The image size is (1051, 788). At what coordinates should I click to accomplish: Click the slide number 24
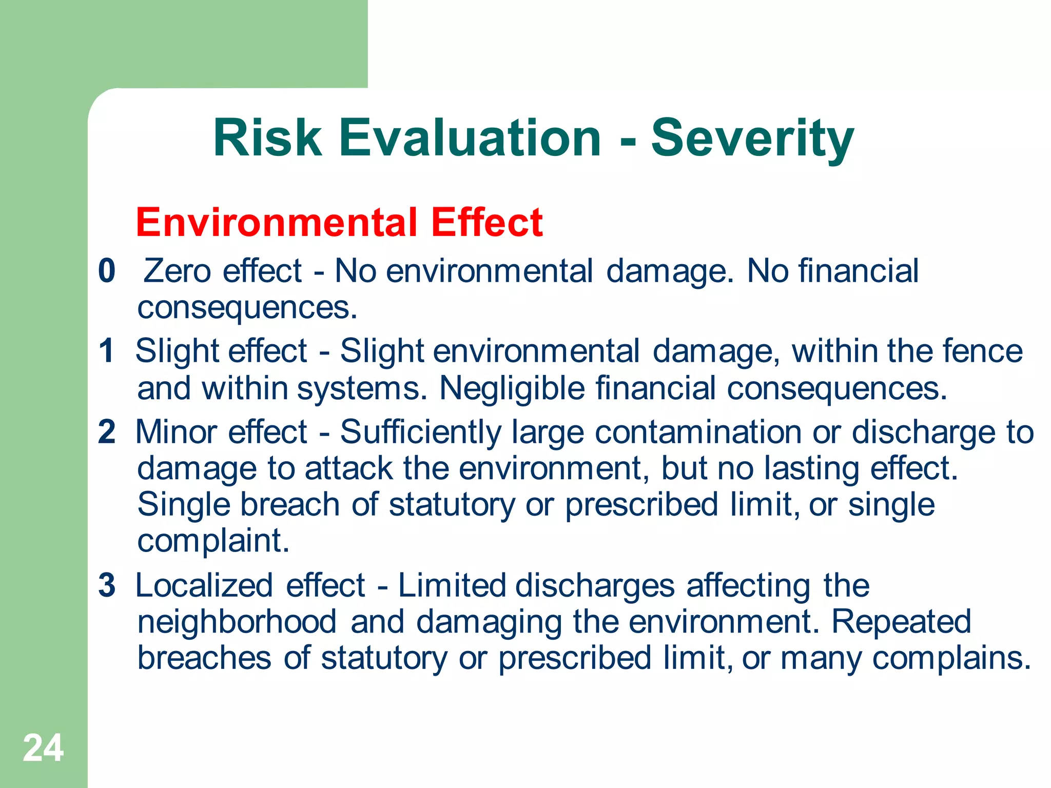pos(43,748)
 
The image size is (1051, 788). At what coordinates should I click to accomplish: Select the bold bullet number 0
pos(107,270)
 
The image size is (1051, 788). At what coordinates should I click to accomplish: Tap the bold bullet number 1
pos(107,351)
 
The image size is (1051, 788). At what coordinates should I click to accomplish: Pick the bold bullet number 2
pos(107,431)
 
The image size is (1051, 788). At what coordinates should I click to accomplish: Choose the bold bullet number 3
pos(107,585)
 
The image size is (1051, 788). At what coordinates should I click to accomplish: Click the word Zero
pos(177,270)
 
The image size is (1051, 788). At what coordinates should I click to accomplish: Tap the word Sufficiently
pos(420,431)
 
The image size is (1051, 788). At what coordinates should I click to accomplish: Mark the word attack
pos(348,468)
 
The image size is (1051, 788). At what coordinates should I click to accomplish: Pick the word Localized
pos(204,585)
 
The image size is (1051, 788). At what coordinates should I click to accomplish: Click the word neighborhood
pos(237,622)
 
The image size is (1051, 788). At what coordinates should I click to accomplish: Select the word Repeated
pos(901,622)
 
